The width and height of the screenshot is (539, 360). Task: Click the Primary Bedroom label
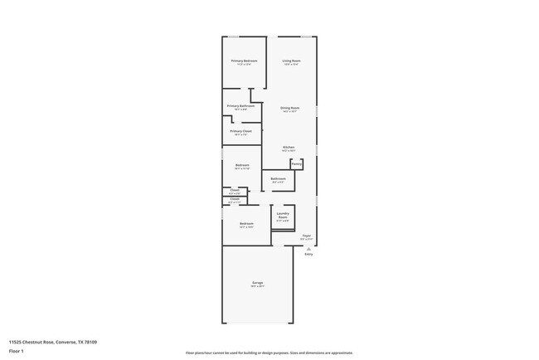point(244,61)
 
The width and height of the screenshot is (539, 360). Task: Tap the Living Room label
point(291,61)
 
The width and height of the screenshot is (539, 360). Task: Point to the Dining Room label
point(289,108)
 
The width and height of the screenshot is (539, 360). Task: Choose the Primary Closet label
point(241,131)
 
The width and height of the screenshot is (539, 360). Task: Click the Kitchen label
point(289,148)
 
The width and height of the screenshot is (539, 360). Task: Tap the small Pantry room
point(296,164)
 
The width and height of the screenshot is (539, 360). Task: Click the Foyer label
point(306,236)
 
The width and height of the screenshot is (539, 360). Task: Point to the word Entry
point(308,255)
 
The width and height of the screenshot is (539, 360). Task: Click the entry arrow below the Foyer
point(308,249)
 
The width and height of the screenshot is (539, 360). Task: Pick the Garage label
point(258,283)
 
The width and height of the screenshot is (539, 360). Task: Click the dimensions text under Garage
point(258,287)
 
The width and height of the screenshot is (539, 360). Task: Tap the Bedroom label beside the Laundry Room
point(246,223)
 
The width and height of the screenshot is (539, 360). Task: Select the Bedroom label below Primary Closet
point(242,165)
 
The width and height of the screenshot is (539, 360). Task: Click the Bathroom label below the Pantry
point(279,178)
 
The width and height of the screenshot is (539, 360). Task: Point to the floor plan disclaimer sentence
point(269,353)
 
